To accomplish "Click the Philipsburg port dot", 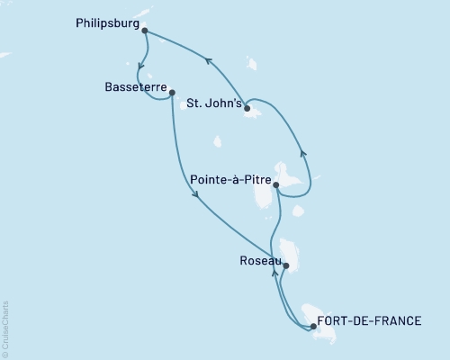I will pos(145,31).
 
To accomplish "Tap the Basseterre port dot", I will pos(171,91).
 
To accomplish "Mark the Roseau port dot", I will pos(286,265).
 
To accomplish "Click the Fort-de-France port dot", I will pos(312,327).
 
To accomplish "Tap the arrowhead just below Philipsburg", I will pos(139,63).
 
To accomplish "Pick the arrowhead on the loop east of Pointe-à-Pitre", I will pos(303,154).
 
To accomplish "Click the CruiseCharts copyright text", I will pos(5,329).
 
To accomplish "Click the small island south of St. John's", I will pos(219,140).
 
